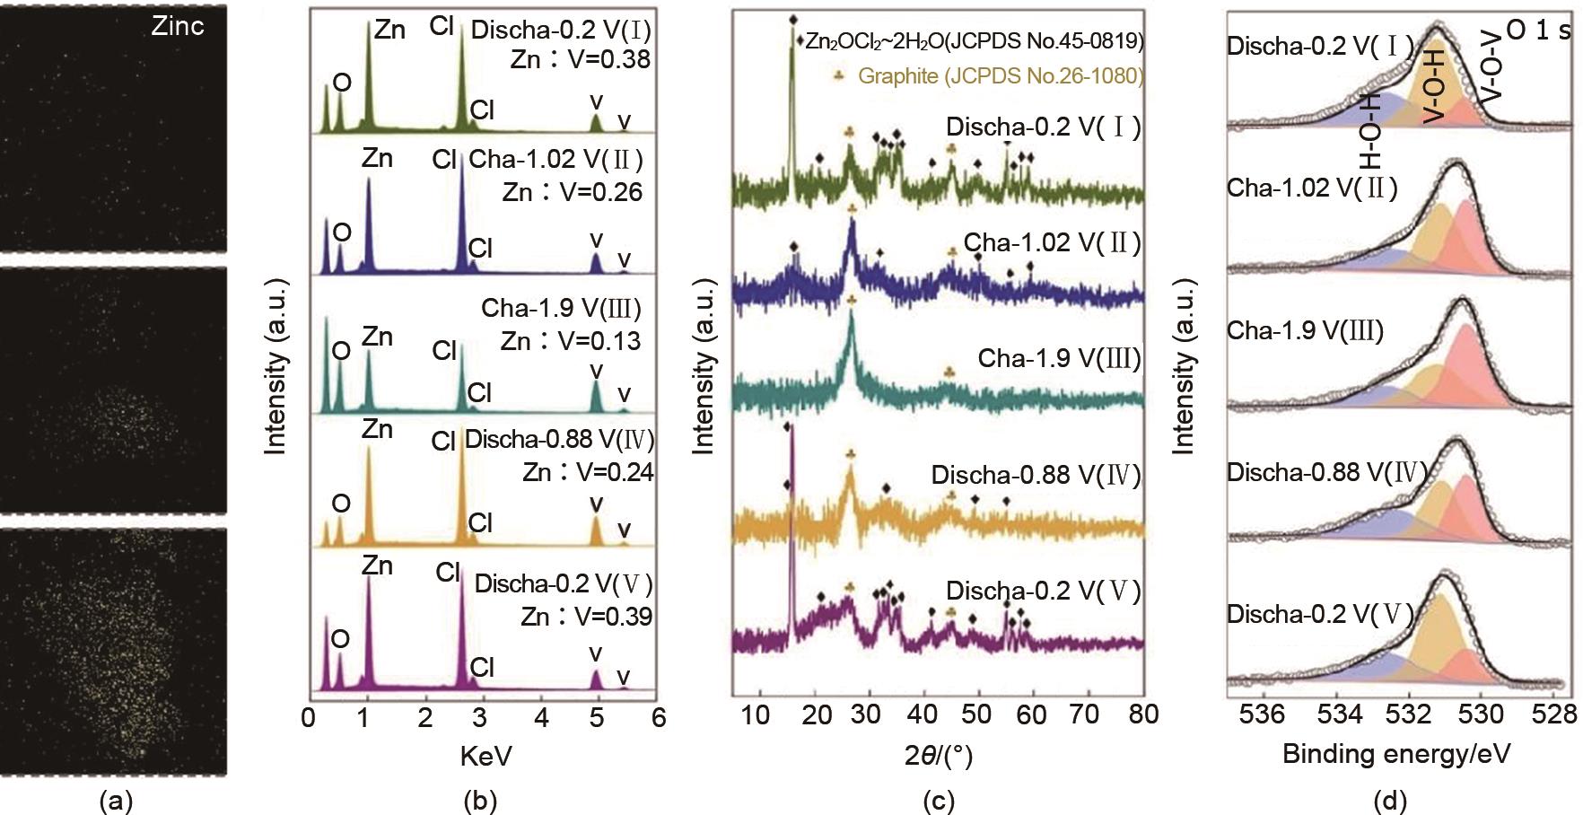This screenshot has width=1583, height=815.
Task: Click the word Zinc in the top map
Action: click(x=177, y=26)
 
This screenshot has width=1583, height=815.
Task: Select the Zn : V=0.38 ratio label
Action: click(x=580, y=59)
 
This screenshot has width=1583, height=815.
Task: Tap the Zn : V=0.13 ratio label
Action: click(x=570, y=341)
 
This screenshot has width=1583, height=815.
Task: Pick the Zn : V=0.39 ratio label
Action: click(x=586, y=617)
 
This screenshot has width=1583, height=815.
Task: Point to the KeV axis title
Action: click(x=485, y=756)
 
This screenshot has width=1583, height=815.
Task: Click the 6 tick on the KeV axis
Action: click(x=659, y=718)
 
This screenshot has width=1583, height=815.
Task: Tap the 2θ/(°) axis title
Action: click(x=938, y=756)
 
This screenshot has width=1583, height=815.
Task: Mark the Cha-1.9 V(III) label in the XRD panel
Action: click(x=1059, y=359)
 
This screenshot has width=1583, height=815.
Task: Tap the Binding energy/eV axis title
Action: click(x=1396, y=753)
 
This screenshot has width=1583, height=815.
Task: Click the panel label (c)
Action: click(x=938, y=800)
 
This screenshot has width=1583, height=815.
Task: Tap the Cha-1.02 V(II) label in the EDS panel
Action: click(x=555, y=160)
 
